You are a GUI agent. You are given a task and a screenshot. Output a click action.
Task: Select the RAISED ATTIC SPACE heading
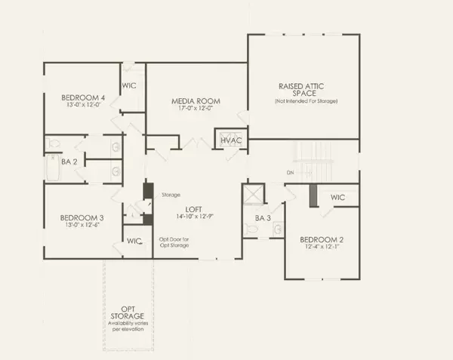pyautogui.click(x=305, y=88)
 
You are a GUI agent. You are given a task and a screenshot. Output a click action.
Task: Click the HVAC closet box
pyautogui.click(x=230, y=141)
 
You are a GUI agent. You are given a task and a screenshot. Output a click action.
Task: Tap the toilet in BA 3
pyautogui.click(x=276, y=229)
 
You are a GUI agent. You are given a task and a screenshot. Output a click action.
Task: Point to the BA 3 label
pyautogui.click(x=263, y=218)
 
